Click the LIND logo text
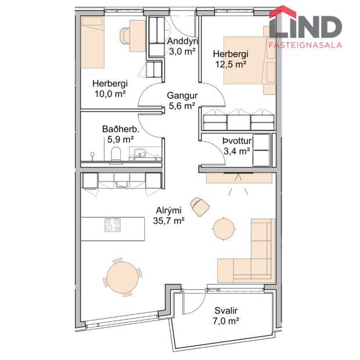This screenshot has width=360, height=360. click(x=305, y=26)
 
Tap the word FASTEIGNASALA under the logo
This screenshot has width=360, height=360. click(x=305, y=44)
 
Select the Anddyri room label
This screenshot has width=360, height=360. click(x=182, y=42)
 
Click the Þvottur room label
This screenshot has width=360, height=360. click(x=236, y=142)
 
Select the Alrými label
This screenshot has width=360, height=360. click(x=169, y=211)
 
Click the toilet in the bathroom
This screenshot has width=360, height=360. click(x=115, y=153)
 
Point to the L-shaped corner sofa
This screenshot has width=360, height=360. click(x=255, y=255)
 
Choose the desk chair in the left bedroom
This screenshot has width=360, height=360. click(x=125, y=36)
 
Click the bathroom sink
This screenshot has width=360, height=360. click(x=139, y=153)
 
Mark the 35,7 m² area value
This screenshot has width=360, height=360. click(x=169, y=221)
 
